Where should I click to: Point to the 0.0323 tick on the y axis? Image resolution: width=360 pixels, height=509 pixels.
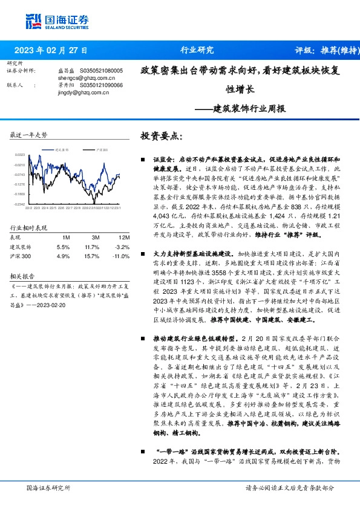click(x=20, y=155)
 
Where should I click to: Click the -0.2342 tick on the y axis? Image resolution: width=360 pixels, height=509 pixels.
click(x=20, y=204)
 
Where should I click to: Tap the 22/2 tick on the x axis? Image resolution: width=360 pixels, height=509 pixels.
click(x=28, y=209)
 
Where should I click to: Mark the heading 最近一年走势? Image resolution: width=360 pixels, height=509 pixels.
click(x=29, y=135)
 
